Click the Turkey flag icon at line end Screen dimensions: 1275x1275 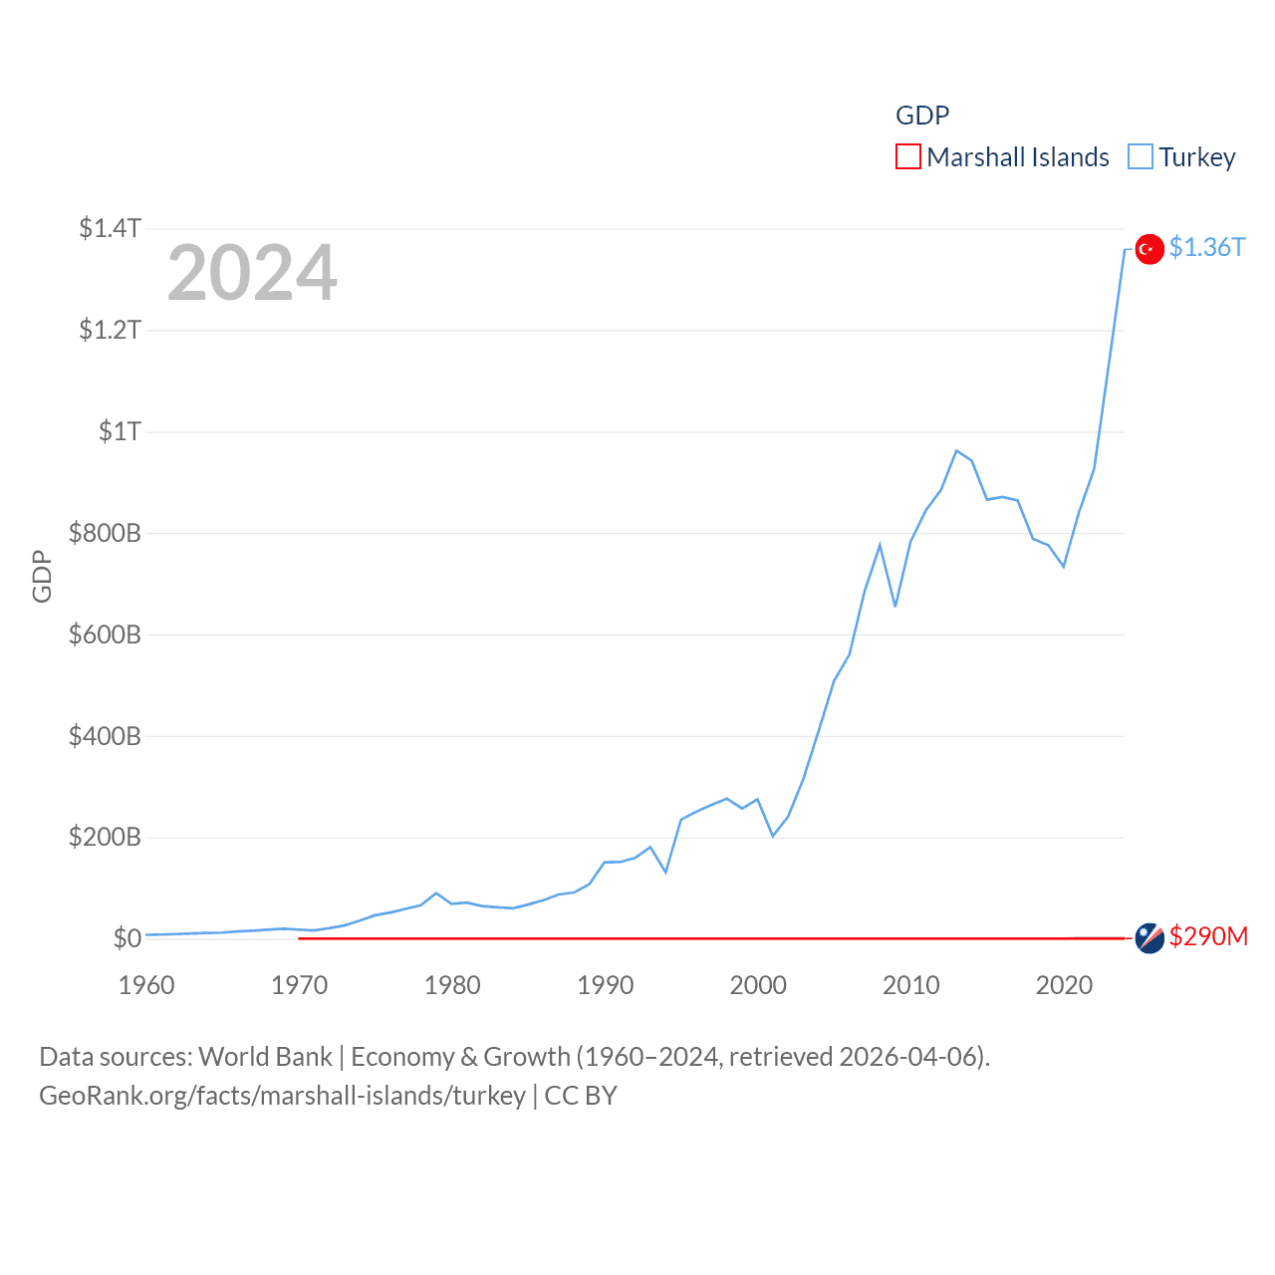pyautogui.click(x=1149, y=249)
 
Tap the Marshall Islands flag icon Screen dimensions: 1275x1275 pyautogui.click(x=1149, y=938)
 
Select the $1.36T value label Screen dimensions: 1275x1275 pyautogui.click(x=1207, y=247)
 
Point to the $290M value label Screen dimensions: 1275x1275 pyautogui.click(x=1208, y=936)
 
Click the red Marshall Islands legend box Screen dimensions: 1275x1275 pyautogui.click(x=908, y=157)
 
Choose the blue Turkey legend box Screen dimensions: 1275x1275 pyautogui.click(x=1141, y=157)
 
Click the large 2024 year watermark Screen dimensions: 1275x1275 pyautogui.click(x=252, y=273)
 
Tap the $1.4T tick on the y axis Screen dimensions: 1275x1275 pyautogui.click(x=110, y=228)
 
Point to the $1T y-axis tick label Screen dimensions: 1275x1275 pyautogui.click(x=120, y=431)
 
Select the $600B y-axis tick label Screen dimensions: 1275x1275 pyautogui.click(x=105, y=635)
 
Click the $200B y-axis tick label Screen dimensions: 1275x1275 pyautogui.click(x=105, y=837)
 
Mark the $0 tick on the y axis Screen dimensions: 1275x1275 pyautogui.click(x=127, y=938)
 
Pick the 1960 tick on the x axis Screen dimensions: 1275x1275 pyautogui.click(x=146, y=985)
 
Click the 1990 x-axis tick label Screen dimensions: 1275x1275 pyautogui.click(x=606, y=985)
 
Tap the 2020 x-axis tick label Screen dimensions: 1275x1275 pyautogui.click(x=1064, y=985)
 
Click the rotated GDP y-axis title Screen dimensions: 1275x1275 pyautogui.click(x=42, y=576)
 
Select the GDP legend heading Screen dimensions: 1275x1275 pyautogui.click(x=922, y=116)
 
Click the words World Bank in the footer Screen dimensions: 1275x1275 pyautogui.click(x=265, y=1057)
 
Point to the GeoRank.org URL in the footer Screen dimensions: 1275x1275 pyautogui.click(x=282, y=1096)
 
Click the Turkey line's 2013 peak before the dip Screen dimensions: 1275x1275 pyautogui.click(x=956, y=451)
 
